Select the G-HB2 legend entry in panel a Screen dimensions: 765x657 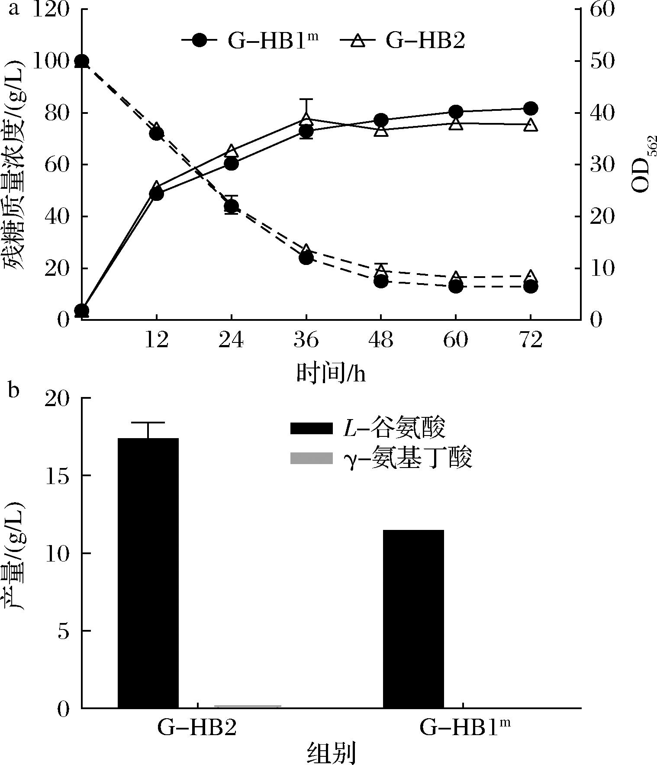point(403,41)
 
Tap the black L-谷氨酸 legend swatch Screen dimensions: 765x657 point(311,429)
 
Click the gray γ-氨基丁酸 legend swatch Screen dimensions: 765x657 point(311,458)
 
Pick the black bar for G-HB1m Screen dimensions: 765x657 point(413,619)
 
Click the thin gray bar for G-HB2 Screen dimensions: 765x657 point(248,707)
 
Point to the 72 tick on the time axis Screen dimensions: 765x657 point(531,340)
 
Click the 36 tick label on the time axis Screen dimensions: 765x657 point(306,340)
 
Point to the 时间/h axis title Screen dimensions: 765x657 point(331,373)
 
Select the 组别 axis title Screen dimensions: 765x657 point(331,753)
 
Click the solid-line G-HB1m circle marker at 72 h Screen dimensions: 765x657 point(531,109)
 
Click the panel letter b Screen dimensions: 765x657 point(14,391)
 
